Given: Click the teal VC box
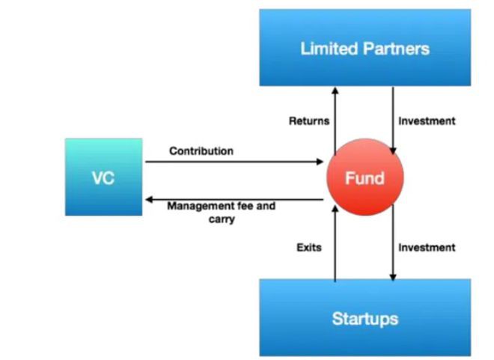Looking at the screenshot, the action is [103, 177].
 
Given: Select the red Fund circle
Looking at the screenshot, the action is [365, 177].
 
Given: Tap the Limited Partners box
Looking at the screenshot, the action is [365, 48].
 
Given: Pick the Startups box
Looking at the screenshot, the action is [365, 317].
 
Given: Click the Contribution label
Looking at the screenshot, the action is [201, 151].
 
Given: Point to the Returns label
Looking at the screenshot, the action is [309, 121].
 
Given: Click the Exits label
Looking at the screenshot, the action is [309, 248].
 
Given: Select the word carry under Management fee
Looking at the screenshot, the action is [222, 219].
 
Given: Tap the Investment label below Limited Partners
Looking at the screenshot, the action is [427, 121].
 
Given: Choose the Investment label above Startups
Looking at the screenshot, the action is [427, 248].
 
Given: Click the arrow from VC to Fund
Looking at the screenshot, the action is [234, 162].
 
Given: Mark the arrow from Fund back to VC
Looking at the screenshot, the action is [234, 199].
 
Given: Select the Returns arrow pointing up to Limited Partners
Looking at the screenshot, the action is [335, 121].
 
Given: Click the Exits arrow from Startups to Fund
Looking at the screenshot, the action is [335, 243].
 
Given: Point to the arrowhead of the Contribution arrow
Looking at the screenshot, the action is [320, 162].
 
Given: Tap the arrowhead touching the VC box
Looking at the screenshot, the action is [149, 199].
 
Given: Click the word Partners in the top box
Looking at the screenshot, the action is [397, 49].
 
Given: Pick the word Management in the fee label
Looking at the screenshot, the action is [198, 207].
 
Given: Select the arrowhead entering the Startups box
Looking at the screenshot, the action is [393, 277].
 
